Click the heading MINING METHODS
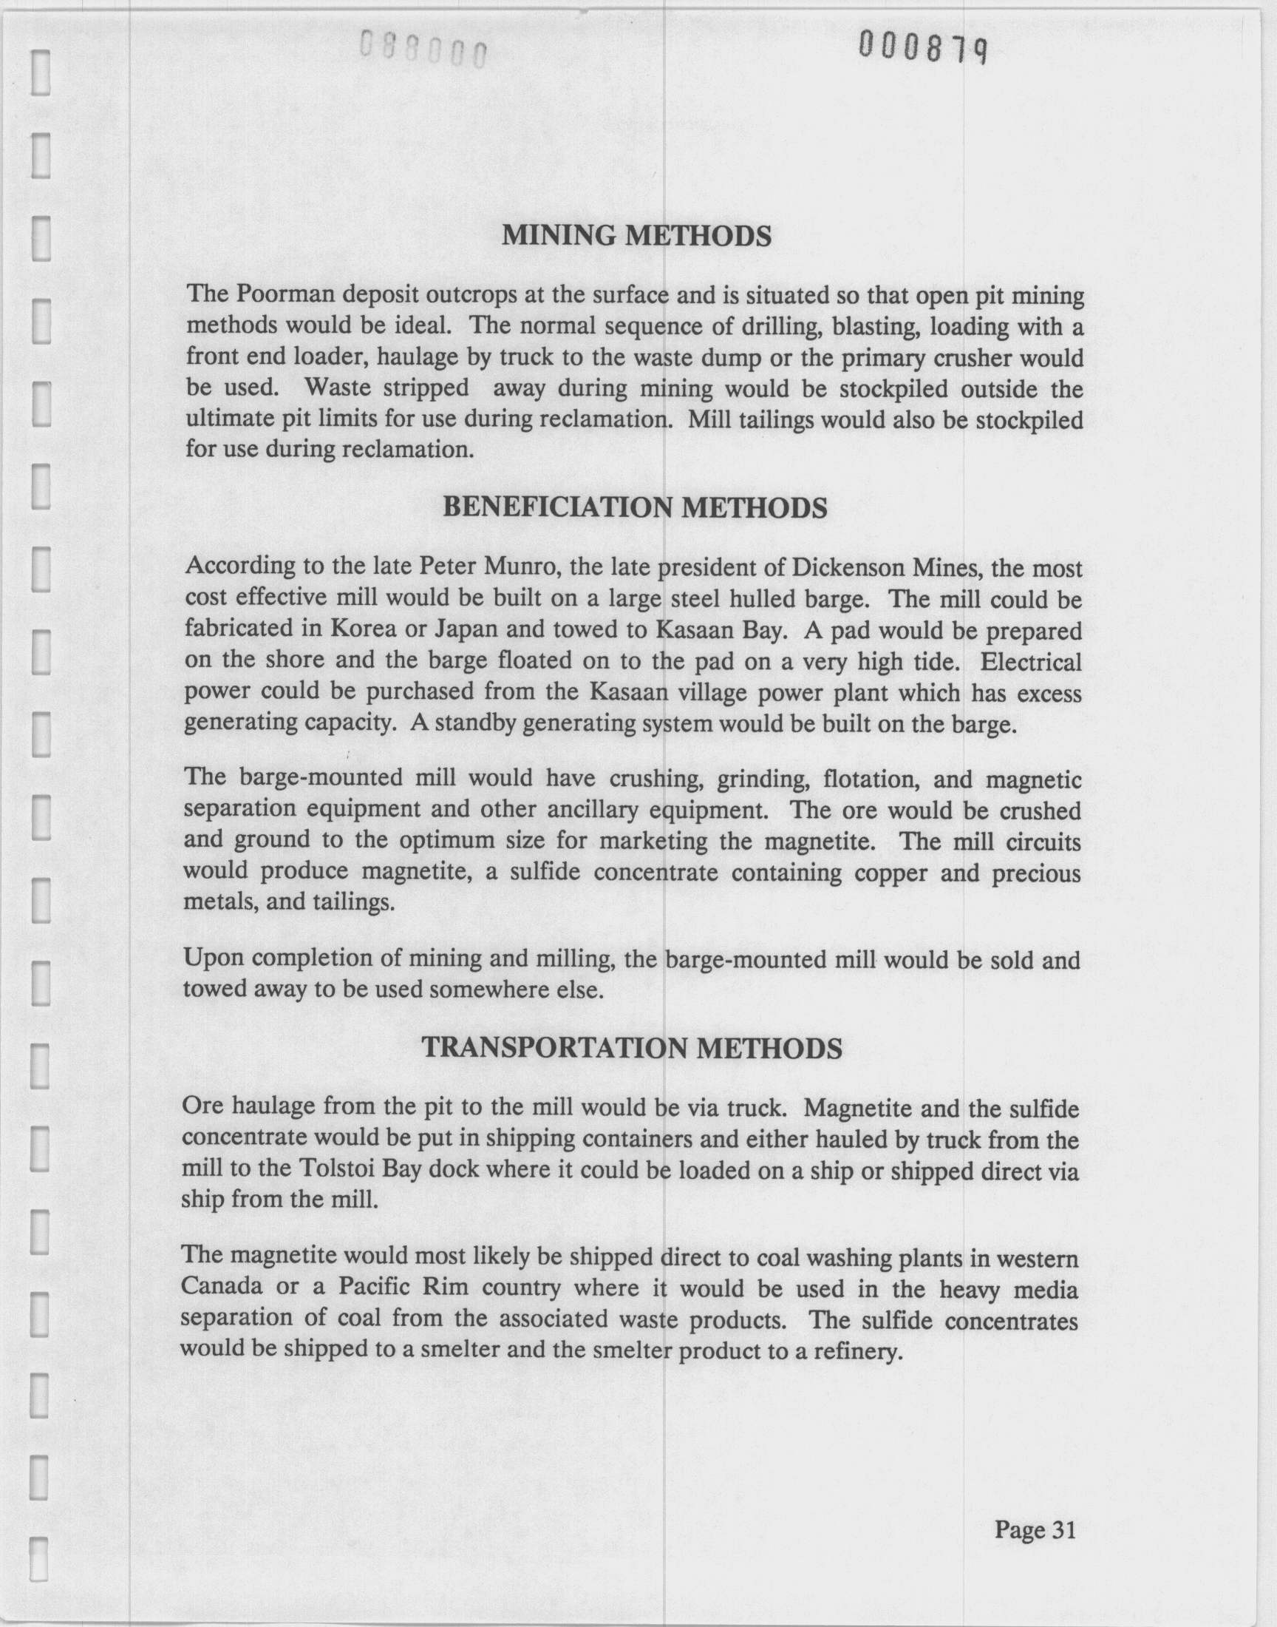pos(636,237)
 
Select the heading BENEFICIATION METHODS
pos(635,508)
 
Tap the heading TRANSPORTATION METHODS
pos(632,1049)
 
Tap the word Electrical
pos(1030,661)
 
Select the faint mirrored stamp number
pos(423,50)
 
